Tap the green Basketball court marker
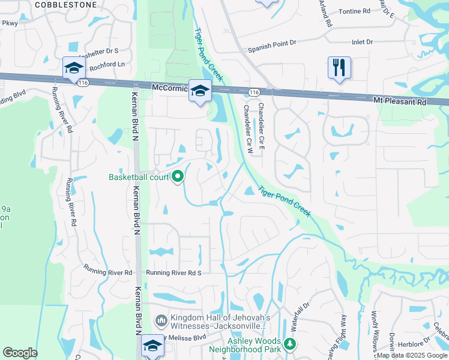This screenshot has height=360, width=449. (x=178, y=177)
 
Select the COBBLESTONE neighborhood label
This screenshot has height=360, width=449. (x=65, y=4)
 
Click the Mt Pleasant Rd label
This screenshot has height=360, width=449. (x=400, y=101)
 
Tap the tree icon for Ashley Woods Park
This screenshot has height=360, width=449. (x=291, y=344)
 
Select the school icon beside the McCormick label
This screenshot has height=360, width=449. (x=200, y=91)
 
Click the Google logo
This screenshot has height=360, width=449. (x=20, y=352)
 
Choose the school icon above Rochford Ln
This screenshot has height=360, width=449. (x=74, y=68)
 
